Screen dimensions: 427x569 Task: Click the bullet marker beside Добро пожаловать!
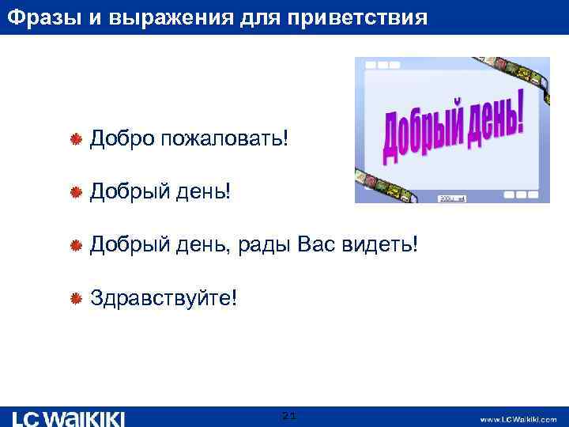pos(77,140)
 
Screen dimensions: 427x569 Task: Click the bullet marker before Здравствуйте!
pos(77,299)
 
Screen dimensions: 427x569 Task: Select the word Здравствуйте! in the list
pos(163,298)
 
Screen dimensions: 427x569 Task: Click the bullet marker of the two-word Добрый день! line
pos(77,192)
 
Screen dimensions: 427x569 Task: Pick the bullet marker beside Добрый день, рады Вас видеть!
pos(77,246)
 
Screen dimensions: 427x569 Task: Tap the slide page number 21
pos(288,416)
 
